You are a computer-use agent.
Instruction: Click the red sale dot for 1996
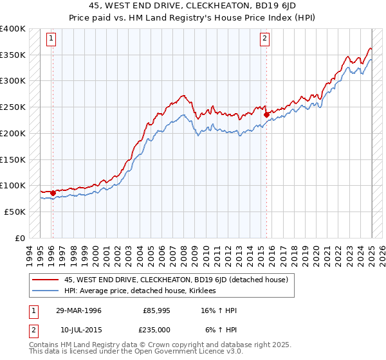coord(53,192)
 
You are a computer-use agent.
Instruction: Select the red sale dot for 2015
coord(266,115)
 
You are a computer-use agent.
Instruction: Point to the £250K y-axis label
coord(12,107)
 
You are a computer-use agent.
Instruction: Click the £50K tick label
coord(15,212)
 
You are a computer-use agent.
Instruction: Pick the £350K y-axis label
coord(12,55)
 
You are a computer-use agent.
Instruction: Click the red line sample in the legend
coord(44,280)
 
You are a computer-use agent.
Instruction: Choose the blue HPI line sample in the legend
coord(44,291)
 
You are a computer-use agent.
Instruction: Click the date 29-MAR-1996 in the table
coord(78,310)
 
